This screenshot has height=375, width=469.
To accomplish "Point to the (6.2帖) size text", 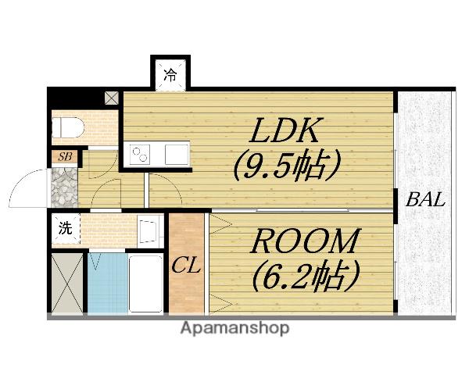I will coord(305,274).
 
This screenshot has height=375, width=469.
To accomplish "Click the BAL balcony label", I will coord(424,199).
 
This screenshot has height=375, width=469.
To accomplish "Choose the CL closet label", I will coord(187,266).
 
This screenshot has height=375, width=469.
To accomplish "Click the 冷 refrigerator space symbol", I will coord(170,76).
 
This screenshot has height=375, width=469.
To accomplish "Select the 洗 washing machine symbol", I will coord(66,229).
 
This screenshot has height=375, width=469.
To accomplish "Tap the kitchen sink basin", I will coord(176,152).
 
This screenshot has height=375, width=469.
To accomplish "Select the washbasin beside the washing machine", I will coord(148,230).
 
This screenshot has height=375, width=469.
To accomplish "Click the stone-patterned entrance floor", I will coord(64,186).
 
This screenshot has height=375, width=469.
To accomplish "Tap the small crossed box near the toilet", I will coord(112,99).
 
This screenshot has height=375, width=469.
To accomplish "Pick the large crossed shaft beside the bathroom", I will coord(66,284).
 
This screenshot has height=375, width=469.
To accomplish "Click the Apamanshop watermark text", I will coord(235,328).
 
